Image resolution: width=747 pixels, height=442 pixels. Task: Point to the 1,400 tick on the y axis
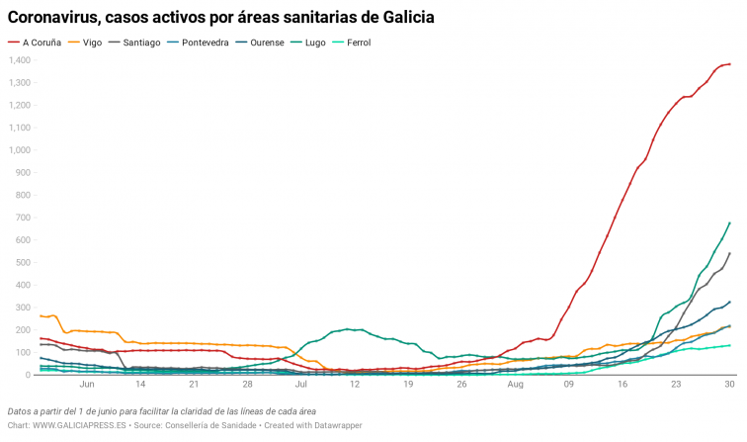tap(21, 60)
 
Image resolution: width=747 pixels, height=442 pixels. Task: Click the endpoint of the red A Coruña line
tap(729, 64)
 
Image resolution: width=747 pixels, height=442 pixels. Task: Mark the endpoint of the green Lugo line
tap(729, 222)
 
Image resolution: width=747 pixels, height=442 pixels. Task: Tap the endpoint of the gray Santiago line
tap(729, 253)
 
